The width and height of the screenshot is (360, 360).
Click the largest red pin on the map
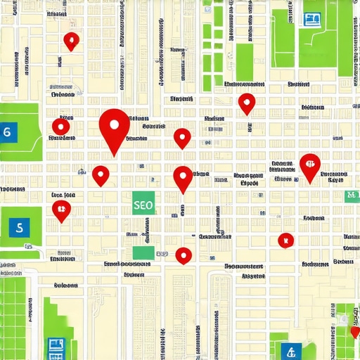pyautogui.click(x=115, y=127)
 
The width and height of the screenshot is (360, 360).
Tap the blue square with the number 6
pyautogui.click(x=8, y=131)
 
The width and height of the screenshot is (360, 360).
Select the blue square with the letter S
pyautogui.click(x=19, y=227)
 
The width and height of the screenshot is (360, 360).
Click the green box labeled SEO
pyautogui.click(x=143, y=205)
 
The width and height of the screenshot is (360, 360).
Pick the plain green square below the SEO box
pyautogui.click(x=143, y=253)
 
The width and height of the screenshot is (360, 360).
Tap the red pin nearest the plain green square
pyautogui.click(x=184, y=255)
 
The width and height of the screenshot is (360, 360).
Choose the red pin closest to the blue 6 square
pyautogui.click(x=62, y=127)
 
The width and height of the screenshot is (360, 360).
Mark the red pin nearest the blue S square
pyautogui.click(x=62, y=209)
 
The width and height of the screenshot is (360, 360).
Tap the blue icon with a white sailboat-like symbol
pyautogui.click(x=288, y=351)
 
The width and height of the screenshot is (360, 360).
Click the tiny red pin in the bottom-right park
pyautogui.click(x=354, y=332)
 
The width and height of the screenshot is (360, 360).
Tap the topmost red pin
pyautogui.click(x=71, y=41)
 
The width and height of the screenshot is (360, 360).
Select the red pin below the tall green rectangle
pyautogui.click(x=246, y=103)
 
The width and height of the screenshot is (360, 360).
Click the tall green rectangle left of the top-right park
pyautogui.click(x=244, y=62)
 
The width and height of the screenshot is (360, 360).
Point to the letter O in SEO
pyautogui.click(x=149, y=205)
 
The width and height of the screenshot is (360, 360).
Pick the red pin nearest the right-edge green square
pyautogui.click(x=309, y=166)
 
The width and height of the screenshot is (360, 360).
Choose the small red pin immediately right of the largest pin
pyautogui.click(x=182, y=137)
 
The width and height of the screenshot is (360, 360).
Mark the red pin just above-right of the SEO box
pyautogui.click(x=183, y=177)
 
